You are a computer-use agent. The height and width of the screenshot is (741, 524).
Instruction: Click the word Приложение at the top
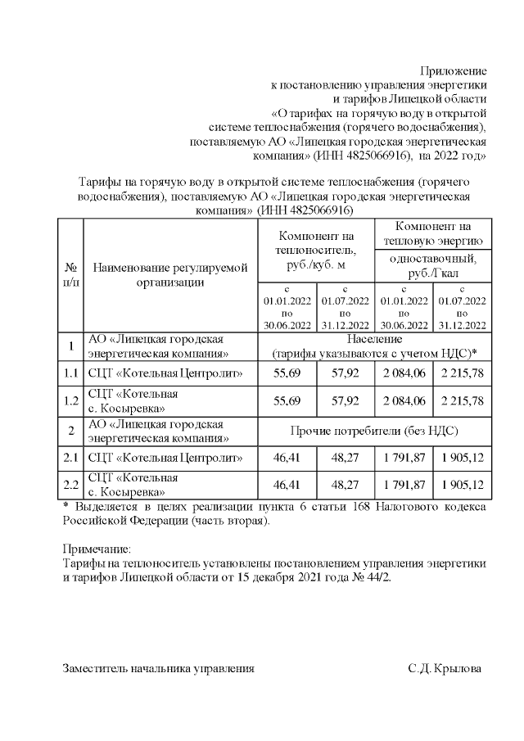pyautogui.click(x=453, y=70)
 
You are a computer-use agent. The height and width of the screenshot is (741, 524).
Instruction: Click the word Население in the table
pyautogui.click(x=373, y=338)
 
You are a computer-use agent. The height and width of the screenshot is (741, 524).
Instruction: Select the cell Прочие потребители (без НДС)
pyautogui.click(x=373, y=430)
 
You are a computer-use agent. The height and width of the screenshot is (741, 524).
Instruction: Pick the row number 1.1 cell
pyautogui.click(x=71, y=375)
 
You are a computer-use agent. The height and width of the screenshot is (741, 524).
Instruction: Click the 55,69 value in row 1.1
pyautogui.click(x=287, y=375)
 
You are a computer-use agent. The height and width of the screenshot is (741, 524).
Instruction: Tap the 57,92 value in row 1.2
pyautogui.click(x=345, y=401)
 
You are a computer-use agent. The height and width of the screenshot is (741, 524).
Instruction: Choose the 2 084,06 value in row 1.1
pyautogui.click(x=404, y=375)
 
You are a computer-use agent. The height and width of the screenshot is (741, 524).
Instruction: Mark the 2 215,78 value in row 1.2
pyautogui.click(x=463, y=401)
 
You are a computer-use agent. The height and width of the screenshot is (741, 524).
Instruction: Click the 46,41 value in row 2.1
pyautogui.click(x=287, y=459)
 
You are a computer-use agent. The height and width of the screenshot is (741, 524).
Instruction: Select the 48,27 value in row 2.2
pyautogui.click(x=345, y=486)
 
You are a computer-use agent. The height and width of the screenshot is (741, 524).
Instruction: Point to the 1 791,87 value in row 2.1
pyautogui.click(x=404, y=459)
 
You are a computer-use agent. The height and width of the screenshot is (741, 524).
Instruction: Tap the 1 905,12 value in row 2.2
pyautogui.click(x=463, y=486)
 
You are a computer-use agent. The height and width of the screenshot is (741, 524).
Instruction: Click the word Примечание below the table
pyautogui.click(x=97, y=549)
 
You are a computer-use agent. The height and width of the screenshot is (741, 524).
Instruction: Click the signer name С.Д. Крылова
pyautogui.click(x=445, y=669)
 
